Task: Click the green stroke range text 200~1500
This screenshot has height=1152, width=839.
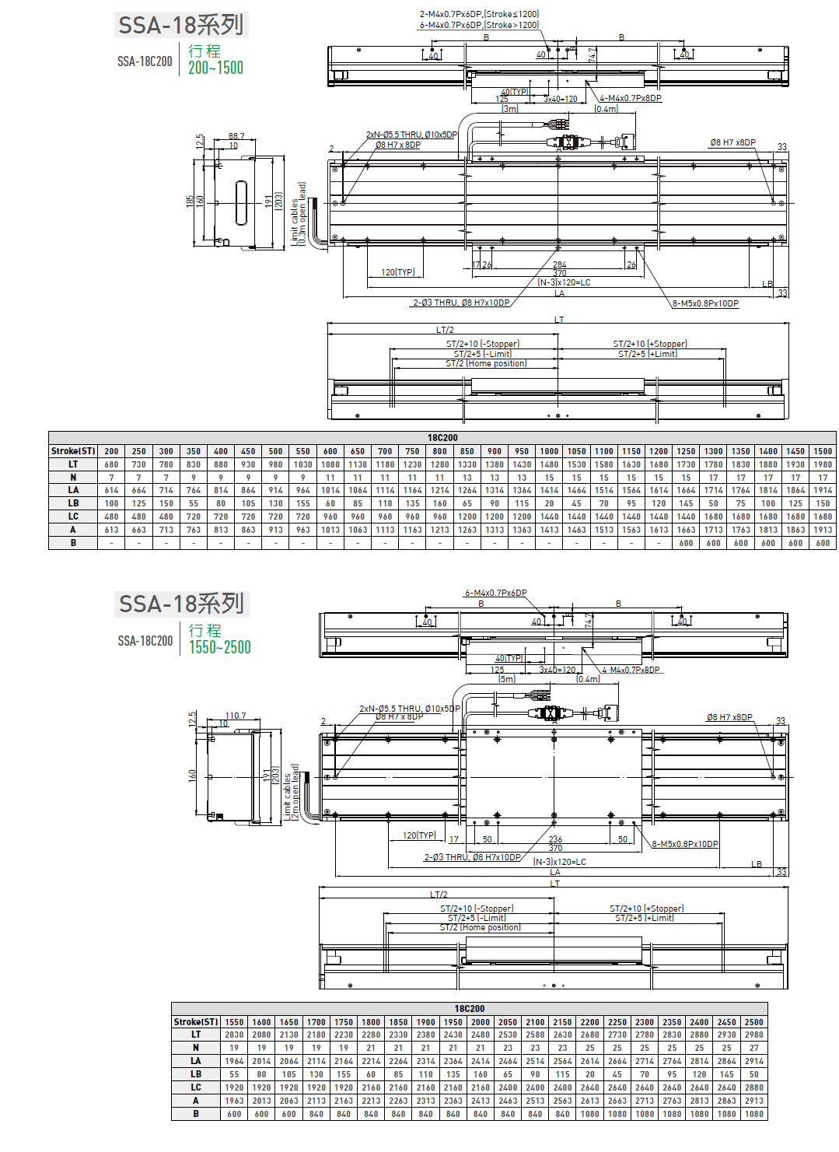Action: [215, 68]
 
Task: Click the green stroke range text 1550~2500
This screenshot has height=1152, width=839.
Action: [220, 647]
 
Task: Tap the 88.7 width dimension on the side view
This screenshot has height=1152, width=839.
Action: [236, 136]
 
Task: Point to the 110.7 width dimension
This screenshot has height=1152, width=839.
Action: [236, 716]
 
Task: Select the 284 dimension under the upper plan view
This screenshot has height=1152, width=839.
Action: [559, 265]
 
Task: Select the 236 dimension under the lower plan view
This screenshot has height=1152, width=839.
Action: [555, 839]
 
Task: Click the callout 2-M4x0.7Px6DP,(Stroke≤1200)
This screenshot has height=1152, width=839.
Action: [479, 14]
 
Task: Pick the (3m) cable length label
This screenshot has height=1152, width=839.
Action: [510, 109]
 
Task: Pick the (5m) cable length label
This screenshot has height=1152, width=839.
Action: [507, 679]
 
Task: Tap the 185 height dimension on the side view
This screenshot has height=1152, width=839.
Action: [190, 201]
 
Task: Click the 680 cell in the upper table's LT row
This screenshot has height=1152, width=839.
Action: [112, 464]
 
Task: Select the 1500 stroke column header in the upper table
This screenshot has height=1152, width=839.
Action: [823, 451]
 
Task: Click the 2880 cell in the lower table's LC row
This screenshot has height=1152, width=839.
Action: [753, 1087]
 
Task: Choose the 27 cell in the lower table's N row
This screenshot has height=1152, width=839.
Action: [753, 1048]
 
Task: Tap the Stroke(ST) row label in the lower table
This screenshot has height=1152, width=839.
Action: [196, 1022]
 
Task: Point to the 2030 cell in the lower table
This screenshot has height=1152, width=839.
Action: [234, 1035]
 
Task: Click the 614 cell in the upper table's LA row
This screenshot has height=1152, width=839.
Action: [112, 490]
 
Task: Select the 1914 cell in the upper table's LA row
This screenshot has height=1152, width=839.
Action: [823, 490]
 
